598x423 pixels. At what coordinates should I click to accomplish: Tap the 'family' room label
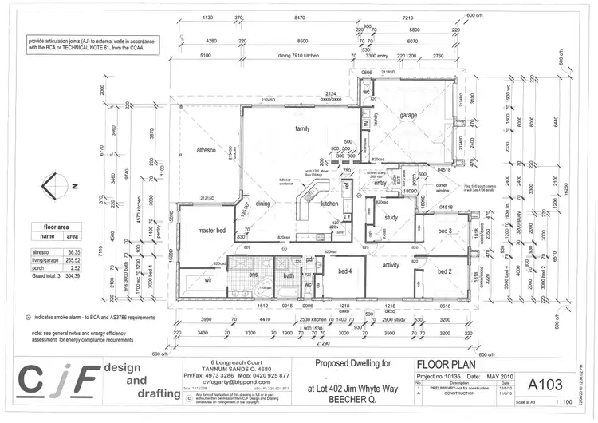click(x=302, y=128)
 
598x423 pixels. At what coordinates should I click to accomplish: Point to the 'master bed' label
click(x=212, y=231)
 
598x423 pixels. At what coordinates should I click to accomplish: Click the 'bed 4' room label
click(x=344, y=271)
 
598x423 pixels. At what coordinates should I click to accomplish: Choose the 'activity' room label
click(x=391, y=264)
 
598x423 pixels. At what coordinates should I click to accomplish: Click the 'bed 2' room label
click(x=445, y=272)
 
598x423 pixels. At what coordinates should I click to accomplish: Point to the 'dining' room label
click(x=263, y=204)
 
